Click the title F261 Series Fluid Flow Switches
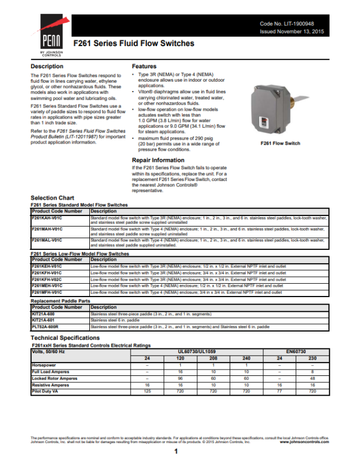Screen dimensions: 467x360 134,44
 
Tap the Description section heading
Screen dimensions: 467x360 47,67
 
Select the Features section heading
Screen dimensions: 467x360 144,67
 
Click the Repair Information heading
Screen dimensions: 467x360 158,160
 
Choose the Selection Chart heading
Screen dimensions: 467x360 53,198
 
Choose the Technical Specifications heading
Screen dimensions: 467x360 65,338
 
